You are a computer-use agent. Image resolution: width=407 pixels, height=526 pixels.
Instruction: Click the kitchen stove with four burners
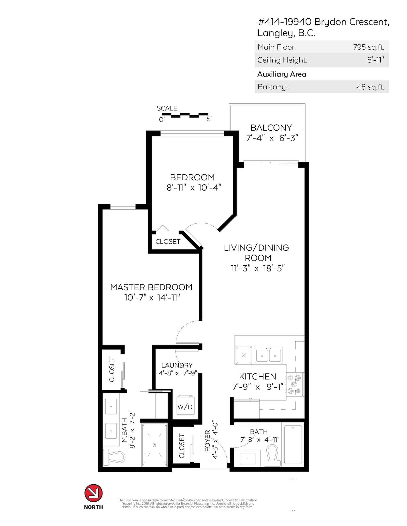[x=295, y=384]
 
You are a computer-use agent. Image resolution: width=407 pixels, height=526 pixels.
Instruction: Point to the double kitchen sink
[x=268, y=355]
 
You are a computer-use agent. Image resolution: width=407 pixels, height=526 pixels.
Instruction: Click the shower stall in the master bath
[x=154, y=445]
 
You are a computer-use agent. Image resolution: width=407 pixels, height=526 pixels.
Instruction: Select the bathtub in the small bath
[x=293, y=445]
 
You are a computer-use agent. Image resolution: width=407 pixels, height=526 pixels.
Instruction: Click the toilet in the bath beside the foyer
[x=272, y=456]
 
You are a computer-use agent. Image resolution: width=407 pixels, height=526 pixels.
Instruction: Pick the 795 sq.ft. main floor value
[x=369, y=47]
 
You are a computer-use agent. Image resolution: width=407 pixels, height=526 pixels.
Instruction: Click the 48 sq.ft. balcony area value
[x=370, y=87]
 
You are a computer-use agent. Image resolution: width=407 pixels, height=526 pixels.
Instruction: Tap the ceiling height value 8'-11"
[x=375, y=60]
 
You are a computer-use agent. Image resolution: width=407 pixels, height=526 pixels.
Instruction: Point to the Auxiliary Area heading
[x=282, y=74]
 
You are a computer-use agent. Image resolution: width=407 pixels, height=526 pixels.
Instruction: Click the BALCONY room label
[x=271, y=127]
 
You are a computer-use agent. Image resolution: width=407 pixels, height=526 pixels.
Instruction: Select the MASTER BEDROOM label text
[x=151, y=287]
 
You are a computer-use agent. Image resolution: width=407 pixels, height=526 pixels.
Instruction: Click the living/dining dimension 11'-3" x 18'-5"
[x=258, y=268]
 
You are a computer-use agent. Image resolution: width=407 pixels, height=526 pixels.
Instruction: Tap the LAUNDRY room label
[x=177, y=365]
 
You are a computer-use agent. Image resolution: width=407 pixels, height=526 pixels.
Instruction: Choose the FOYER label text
[x=208, y=444]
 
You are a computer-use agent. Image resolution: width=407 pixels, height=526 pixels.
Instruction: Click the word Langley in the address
[x=274, y=33]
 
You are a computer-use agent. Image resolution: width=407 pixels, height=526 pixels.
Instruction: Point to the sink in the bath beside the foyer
[x=247, y=458]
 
